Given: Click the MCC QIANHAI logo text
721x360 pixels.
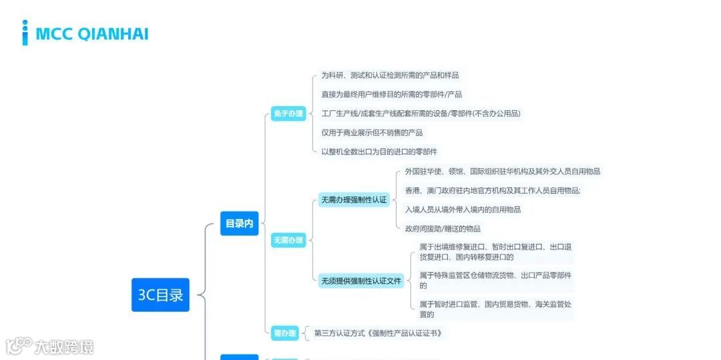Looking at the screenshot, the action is tap(91, 33).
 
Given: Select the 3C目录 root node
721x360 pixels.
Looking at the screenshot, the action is tap(160, 295).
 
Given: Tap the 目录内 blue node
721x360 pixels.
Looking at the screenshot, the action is tap(239, 224).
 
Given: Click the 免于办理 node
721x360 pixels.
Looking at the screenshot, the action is tap(288, 114).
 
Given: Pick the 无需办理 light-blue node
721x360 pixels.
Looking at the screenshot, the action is tap(288, 240).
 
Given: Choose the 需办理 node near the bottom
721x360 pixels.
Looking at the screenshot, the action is tap(284, 333).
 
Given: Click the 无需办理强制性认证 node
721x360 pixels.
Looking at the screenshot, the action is tap(354, 200).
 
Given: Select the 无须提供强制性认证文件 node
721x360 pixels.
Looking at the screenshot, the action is tap(361, 281).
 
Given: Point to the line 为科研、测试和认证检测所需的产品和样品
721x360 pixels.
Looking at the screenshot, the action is tap(390, 75).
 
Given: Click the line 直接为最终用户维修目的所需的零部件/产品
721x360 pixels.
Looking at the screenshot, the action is tap(391, 94).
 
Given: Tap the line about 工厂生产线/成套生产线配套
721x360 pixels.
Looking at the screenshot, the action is tap(421, 114).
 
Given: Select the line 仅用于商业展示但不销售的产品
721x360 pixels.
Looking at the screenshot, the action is tap(372, 132).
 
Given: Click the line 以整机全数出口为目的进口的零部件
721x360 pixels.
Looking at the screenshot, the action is tap(379, 152).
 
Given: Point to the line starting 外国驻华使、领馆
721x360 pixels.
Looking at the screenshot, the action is tap(502, 171).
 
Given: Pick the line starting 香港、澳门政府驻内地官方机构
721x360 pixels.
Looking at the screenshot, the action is tap(493, 190).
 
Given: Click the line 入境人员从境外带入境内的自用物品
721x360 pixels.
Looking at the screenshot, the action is tap(463, 209).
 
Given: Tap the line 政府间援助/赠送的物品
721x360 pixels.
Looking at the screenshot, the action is tap(443, 228).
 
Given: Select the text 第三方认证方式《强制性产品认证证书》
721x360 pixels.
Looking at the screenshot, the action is tap(378, 333).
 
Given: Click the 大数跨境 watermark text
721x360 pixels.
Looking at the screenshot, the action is tap(64, 347).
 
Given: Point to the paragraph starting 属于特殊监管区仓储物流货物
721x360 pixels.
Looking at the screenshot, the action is tap(495, 280).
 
